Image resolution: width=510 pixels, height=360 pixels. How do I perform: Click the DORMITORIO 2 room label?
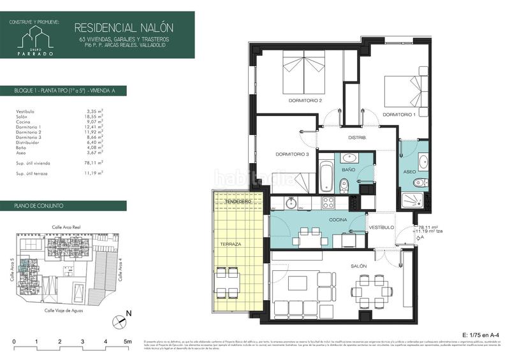point(305,101)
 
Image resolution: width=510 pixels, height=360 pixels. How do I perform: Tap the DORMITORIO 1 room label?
point(399,115)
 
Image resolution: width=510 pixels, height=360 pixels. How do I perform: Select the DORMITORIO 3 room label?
point(292,154)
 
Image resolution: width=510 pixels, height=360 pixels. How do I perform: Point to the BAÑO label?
point(348,171)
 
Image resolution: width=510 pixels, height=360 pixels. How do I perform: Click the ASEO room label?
point(410,172)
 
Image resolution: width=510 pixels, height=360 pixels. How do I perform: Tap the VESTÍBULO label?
point(381,227)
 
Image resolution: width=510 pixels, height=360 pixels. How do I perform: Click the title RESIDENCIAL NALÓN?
point(124,27)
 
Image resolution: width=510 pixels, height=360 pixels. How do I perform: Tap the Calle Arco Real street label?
point(66,227)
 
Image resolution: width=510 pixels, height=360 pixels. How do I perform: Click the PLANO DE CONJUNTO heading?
point(38,206)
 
